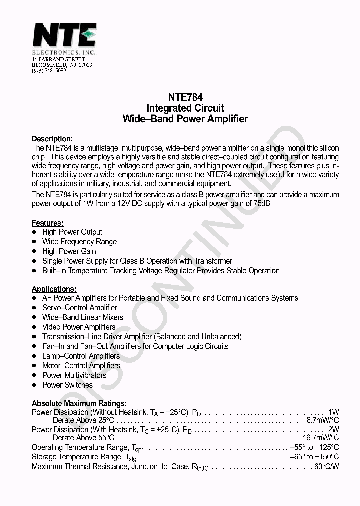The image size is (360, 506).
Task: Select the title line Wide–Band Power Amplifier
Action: point(185,119)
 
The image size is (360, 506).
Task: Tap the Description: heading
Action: point(52,139)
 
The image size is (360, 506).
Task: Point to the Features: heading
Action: point(48,223)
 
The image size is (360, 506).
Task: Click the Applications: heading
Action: point(54,289)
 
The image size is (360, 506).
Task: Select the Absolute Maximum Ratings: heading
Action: point(79,403)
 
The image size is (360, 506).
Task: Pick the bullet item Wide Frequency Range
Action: point(79,242)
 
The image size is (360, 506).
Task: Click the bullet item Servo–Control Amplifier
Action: point(79,308)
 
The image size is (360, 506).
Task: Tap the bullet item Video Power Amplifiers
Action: point(78,327)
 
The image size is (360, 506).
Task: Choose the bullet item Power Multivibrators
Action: point(74,375)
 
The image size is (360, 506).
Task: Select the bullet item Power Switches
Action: point(67,385)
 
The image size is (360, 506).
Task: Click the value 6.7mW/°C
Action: point(322,420)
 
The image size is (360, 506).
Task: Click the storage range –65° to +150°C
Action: point(314,457)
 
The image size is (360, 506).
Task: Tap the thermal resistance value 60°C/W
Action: point(326,467)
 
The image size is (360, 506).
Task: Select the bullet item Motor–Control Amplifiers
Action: point(81,366)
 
